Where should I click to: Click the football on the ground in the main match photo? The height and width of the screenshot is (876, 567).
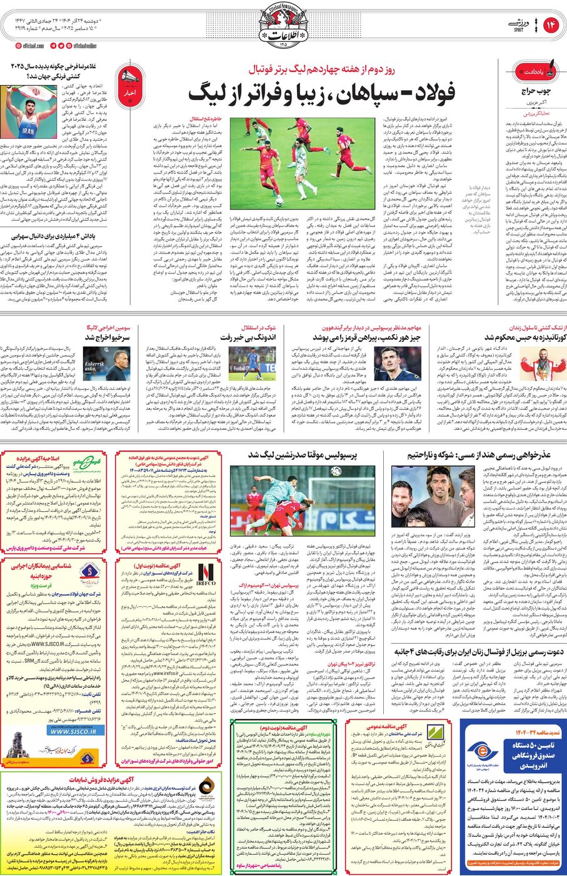pos(279,201)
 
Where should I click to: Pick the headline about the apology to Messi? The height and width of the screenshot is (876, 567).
pos(479,455)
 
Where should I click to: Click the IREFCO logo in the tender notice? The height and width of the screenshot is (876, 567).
pos(206,574)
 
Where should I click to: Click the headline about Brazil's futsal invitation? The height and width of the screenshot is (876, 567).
pos(479,651)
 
